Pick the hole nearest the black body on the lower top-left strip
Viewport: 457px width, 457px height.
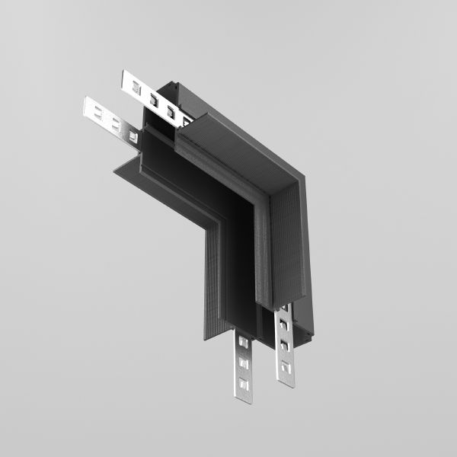132,136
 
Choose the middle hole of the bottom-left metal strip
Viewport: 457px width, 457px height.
244,364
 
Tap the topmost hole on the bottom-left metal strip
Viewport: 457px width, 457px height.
244,344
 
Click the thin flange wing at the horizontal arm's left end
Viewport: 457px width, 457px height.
122,171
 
